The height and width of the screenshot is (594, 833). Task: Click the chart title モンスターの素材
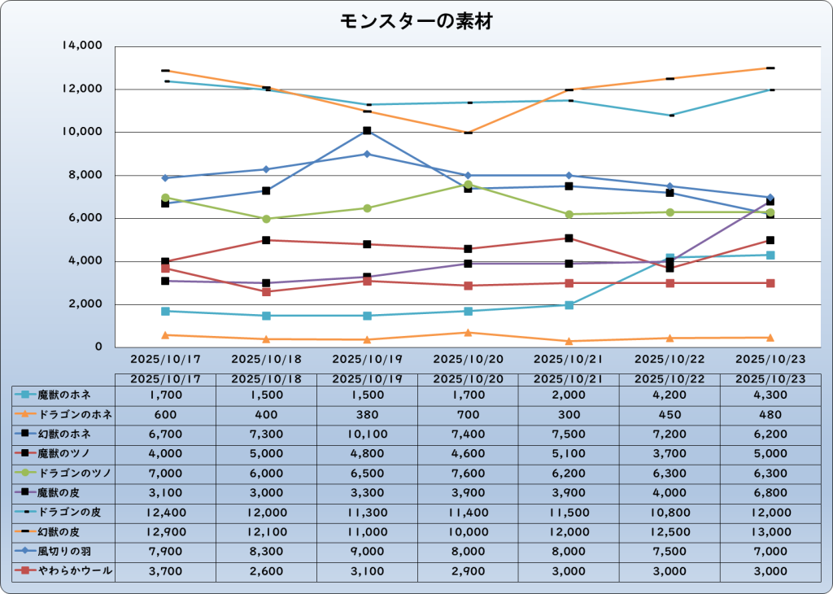click(x=416, y=22)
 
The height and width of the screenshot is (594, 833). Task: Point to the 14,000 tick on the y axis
click(x=82, y=46)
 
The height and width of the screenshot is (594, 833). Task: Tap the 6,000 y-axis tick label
click(x=85, y=218)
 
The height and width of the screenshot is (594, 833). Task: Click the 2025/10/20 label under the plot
click(x=468, y=358)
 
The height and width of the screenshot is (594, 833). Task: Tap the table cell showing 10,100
click(x=367, y=434)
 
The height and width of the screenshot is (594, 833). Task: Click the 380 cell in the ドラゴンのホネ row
click(x=367, y=414)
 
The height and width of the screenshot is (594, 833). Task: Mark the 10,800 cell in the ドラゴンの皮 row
click(x=669, y=513)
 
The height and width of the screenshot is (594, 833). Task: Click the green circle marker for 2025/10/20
click(x=469, y=185)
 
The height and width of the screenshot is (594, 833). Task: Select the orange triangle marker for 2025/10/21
click(x=569, y=341)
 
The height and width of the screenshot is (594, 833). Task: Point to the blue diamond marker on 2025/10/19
click(x=368, y=154)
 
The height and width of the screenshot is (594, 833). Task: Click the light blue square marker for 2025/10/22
click(x=669, y=258)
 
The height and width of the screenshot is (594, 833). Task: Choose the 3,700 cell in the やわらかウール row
click(x=166, y=572)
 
